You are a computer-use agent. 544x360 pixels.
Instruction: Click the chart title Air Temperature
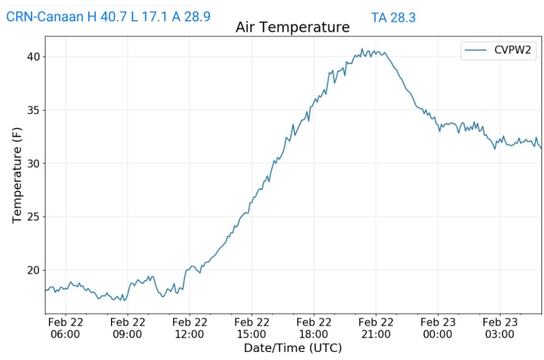click(293, 27)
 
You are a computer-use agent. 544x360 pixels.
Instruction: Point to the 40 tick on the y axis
click(33, 57)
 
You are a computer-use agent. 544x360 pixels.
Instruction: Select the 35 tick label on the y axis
click(33, 110)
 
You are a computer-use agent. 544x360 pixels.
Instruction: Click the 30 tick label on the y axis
click(33, 164)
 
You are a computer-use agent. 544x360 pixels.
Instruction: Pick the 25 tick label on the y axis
click(33, 217)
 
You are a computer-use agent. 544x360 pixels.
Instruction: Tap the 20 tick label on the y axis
click(33, 270)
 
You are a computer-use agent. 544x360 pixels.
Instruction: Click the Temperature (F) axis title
click(17, 175)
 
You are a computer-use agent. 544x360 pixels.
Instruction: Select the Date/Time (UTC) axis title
click(293, 348)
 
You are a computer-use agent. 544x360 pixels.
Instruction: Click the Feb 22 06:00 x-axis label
click(65, 328)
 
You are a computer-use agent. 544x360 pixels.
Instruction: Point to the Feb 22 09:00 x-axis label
click(127, 328)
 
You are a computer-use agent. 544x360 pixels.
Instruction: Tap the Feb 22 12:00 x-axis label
click(190, 328)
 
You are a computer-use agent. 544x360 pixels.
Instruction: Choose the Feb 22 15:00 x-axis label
click(252, 328)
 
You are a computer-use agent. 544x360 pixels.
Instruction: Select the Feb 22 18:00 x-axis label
click(313, 328)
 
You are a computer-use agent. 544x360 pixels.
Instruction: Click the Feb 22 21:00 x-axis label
click(376, 328)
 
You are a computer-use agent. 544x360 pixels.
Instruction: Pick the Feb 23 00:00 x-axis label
click(438, 328)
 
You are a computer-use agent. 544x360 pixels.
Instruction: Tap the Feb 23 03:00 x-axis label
click(500, 328)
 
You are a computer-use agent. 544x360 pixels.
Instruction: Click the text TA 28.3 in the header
click(393, 18)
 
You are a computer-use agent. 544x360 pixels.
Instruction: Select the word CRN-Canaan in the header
click(45, 16)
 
